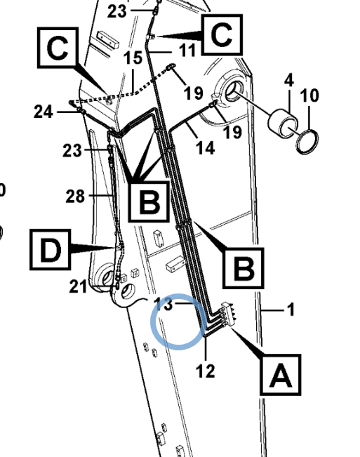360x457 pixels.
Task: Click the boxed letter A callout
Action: [280, 375]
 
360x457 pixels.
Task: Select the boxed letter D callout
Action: [50, 250]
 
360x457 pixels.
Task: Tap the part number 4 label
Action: [288, 81]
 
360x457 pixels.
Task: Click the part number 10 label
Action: [309, 95]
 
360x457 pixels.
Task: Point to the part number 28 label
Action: [75, 196]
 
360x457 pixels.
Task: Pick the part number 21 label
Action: [78, 286]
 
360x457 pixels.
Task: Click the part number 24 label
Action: [44, 112]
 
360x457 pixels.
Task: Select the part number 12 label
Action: [206, 371]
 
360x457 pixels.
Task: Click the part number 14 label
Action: [206, 147]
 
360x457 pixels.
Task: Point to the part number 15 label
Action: [133, 58]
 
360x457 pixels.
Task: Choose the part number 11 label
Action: [187, 51]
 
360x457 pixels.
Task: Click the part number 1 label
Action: [291, 310]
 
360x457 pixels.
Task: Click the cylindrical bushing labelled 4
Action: [283, 123]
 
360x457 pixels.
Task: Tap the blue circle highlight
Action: [178, 322]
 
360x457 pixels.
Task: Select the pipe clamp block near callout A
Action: [227, 314]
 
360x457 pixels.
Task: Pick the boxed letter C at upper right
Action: [222, 34]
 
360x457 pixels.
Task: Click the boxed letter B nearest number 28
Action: [149, 201]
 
